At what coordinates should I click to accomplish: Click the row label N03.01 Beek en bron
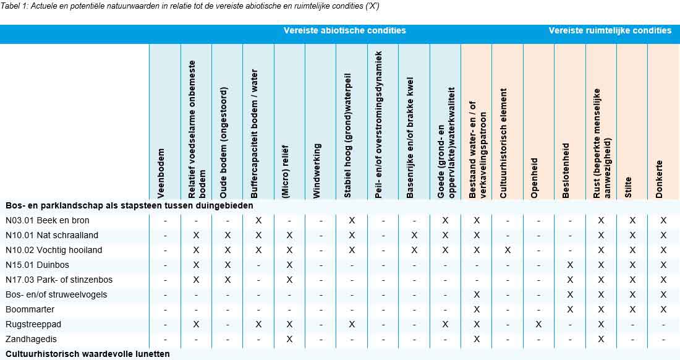[47, 221]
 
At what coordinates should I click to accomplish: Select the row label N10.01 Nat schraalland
[51, 236]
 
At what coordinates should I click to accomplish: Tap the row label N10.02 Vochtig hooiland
[54, 251]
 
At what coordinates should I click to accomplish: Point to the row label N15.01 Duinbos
[36, 265]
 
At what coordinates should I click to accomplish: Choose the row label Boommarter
[30, 310]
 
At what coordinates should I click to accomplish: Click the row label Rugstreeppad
[33, 325]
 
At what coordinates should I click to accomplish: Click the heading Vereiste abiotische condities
[345, 30]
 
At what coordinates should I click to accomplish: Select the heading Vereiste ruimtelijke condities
[610, 30]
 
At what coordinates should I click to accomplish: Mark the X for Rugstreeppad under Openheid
[538, 325]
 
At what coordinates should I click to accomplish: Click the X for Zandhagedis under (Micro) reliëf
[289, 340]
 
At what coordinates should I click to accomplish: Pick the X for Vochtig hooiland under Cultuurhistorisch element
[508, 251]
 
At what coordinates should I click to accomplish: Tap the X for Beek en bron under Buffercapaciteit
[258, 221]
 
